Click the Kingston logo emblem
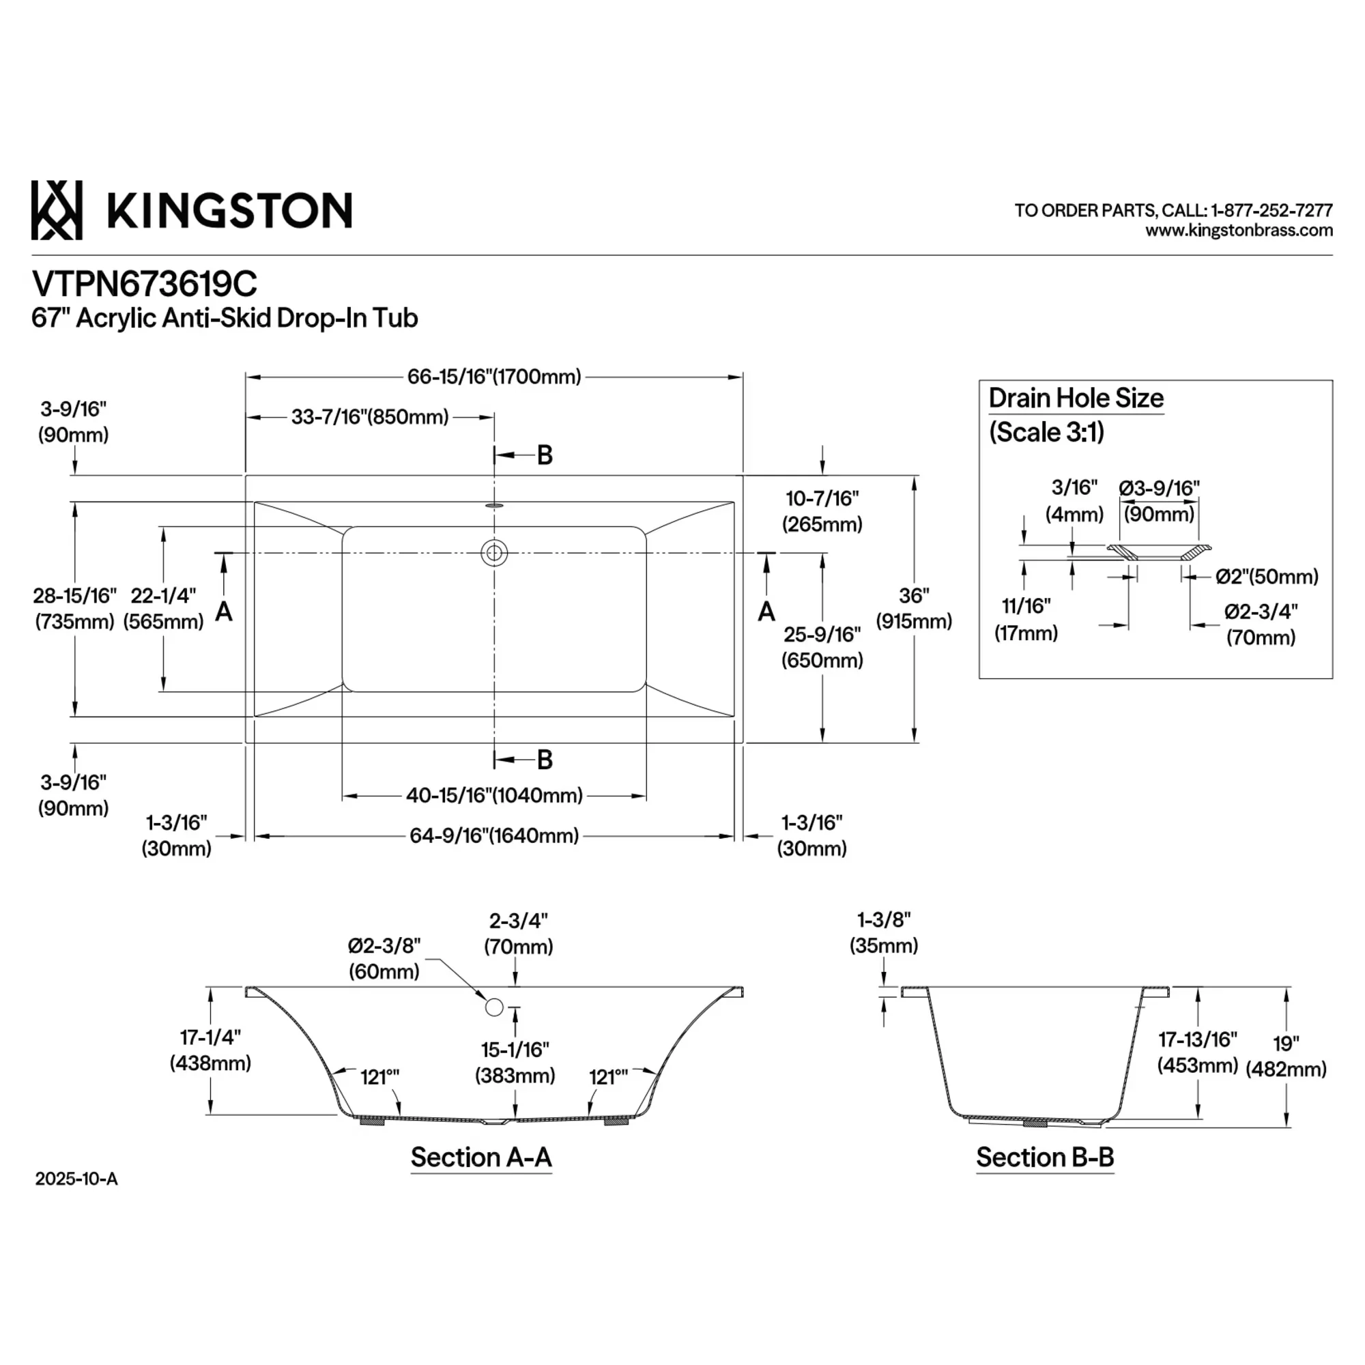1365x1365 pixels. [57, 210]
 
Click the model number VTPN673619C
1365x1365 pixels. [145, 284]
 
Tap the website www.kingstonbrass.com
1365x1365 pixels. [1239, 230]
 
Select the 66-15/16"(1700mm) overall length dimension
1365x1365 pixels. [494, 377]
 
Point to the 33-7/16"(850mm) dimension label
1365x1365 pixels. [369, 417]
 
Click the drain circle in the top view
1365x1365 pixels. [494, 553]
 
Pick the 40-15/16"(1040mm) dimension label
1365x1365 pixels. [494, 796]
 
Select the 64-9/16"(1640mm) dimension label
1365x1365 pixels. [494, 836]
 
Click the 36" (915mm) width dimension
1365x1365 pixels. [915, 608]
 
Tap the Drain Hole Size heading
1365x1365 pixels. [1076, 398]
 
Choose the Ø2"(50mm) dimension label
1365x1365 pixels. [1267, 577]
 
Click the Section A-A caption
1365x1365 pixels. [481, 1158]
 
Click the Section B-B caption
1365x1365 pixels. [1045, 1158]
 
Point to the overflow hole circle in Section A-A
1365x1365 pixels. [494, 1007]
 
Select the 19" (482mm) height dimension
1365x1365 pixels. [1286, 1056]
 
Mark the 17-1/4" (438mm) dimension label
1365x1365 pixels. [210, 1050]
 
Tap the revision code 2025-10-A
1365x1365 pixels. [76, 1179]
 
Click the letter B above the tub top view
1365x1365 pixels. [545, 455]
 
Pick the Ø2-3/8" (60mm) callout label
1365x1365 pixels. [384, 959]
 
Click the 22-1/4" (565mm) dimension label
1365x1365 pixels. [163, 608]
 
